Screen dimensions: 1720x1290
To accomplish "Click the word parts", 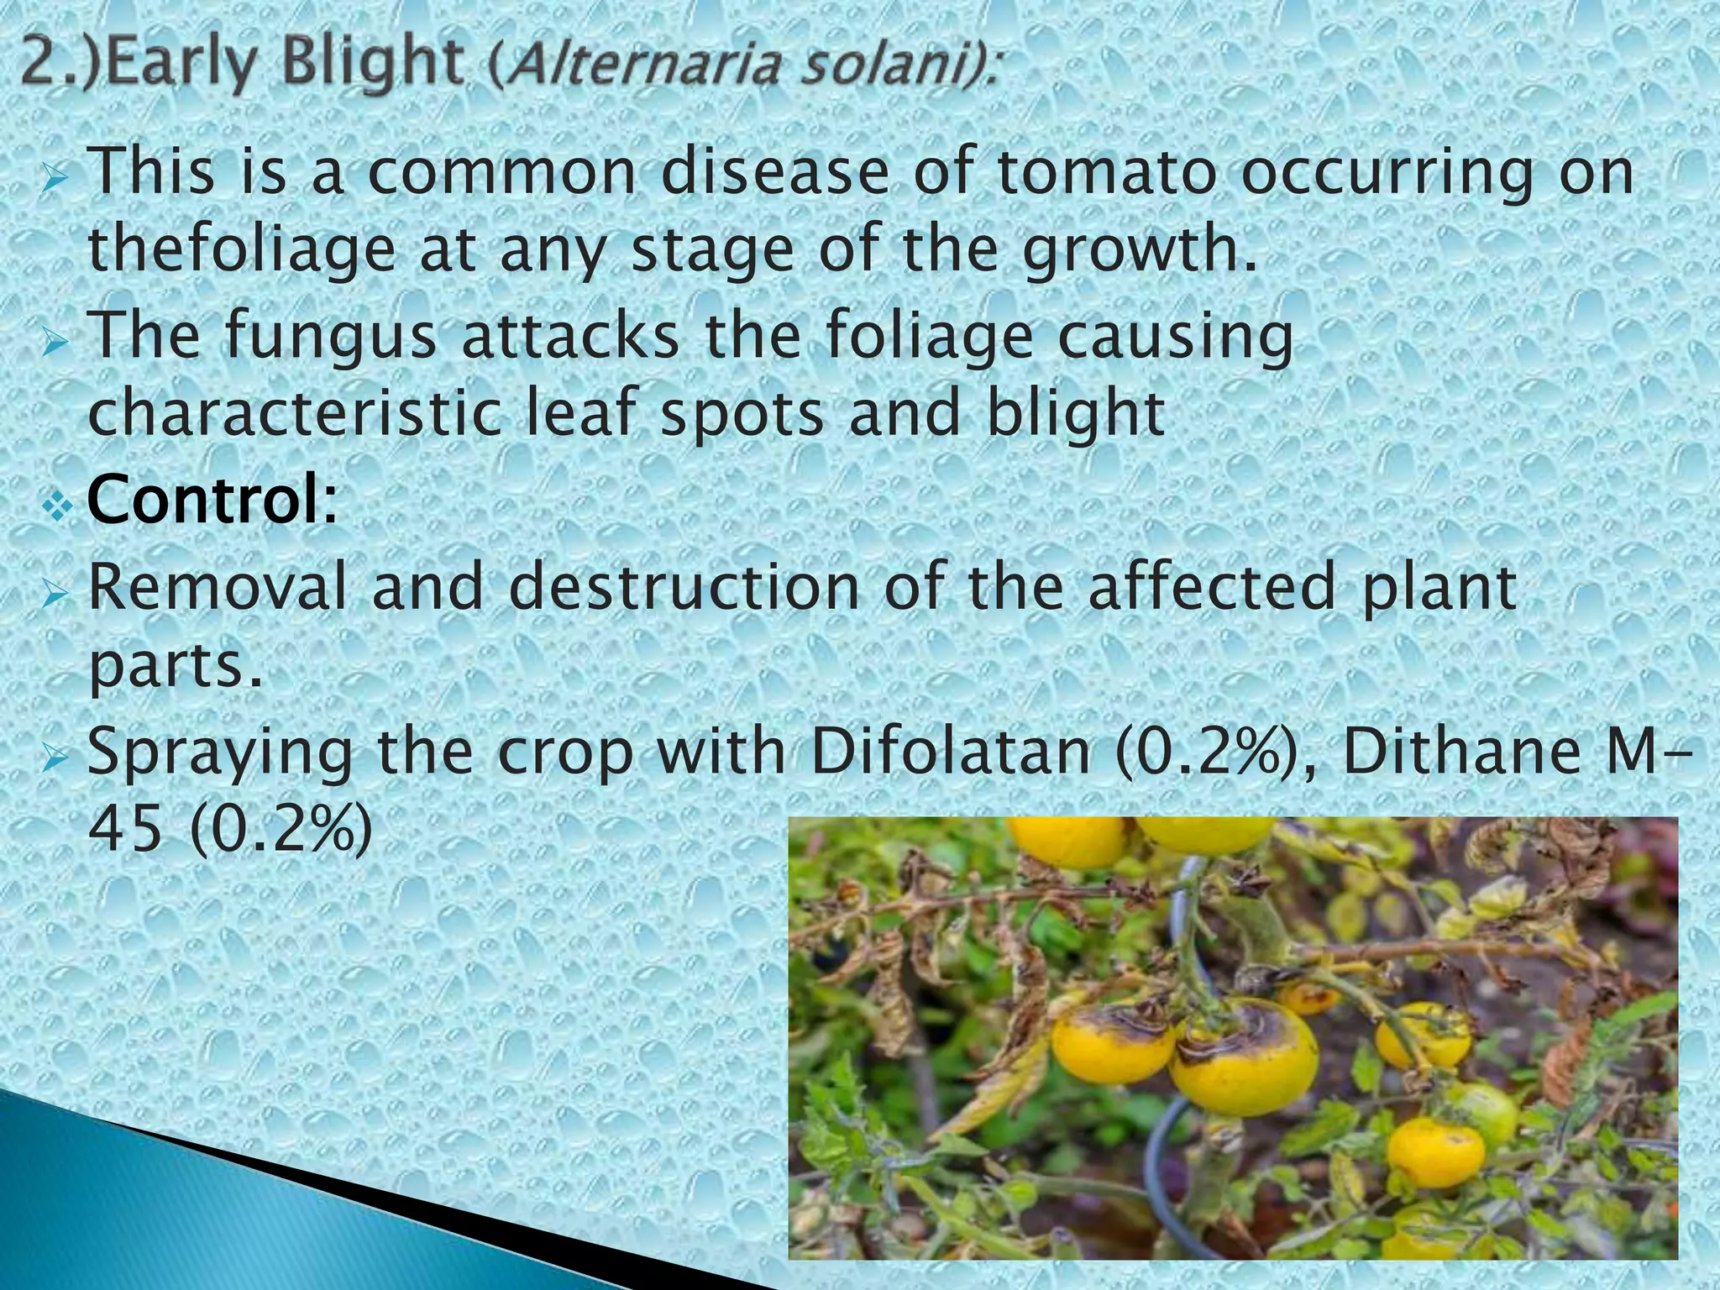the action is pos(175,667).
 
